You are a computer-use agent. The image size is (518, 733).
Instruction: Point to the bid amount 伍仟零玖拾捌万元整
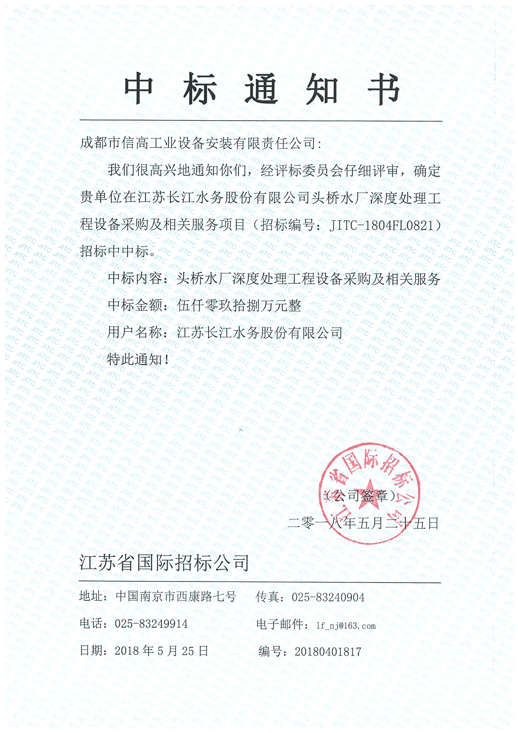point(239,305)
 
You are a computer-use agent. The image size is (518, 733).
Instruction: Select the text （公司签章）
point(361,496)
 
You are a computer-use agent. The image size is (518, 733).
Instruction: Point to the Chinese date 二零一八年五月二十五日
point(363,523)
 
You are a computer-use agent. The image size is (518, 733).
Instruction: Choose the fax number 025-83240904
point(328,597)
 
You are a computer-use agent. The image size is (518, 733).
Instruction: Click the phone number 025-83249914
point(151,623)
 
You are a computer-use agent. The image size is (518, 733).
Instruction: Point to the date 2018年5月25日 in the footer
point(162,651)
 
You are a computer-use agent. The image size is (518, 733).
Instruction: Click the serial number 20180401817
point(328,652)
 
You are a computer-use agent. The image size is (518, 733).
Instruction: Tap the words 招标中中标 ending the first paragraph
point(114,252)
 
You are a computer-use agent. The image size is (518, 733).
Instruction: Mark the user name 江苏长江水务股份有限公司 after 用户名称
point(260,333)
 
